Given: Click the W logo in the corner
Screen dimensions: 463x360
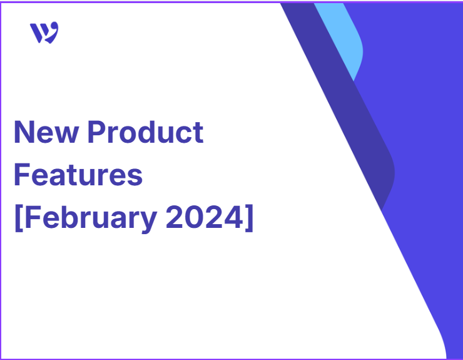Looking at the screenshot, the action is [x=44, y=33].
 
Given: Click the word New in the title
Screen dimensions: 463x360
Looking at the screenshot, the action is [x=46, y=132].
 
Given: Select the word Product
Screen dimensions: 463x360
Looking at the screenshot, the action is [x=145, y=132].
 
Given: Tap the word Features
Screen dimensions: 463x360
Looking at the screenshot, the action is [x=78, y=175].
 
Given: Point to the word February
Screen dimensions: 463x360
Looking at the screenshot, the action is [x=91, y=218].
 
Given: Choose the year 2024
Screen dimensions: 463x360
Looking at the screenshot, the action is [x=205, y=217].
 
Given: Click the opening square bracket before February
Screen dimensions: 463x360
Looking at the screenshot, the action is [x=19, y=218].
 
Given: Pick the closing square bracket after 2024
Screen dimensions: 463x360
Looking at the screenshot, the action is [x=249, y=218].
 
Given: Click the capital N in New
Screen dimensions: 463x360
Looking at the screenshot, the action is [x=24, y=132].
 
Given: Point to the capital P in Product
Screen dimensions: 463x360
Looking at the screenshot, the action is [x=96, y=132].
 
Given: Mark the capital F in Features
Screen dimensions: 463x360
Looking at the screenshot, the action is [x=21, y=175].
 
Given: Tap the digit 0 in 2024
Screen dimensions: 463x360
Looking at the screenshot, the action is [x=195, y=217].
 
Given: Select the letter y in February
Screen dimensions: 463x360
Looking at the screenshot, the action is [x=148, y=222].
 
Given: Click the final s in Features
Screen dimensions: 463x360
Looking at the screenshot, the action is [x=135, y=177].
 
